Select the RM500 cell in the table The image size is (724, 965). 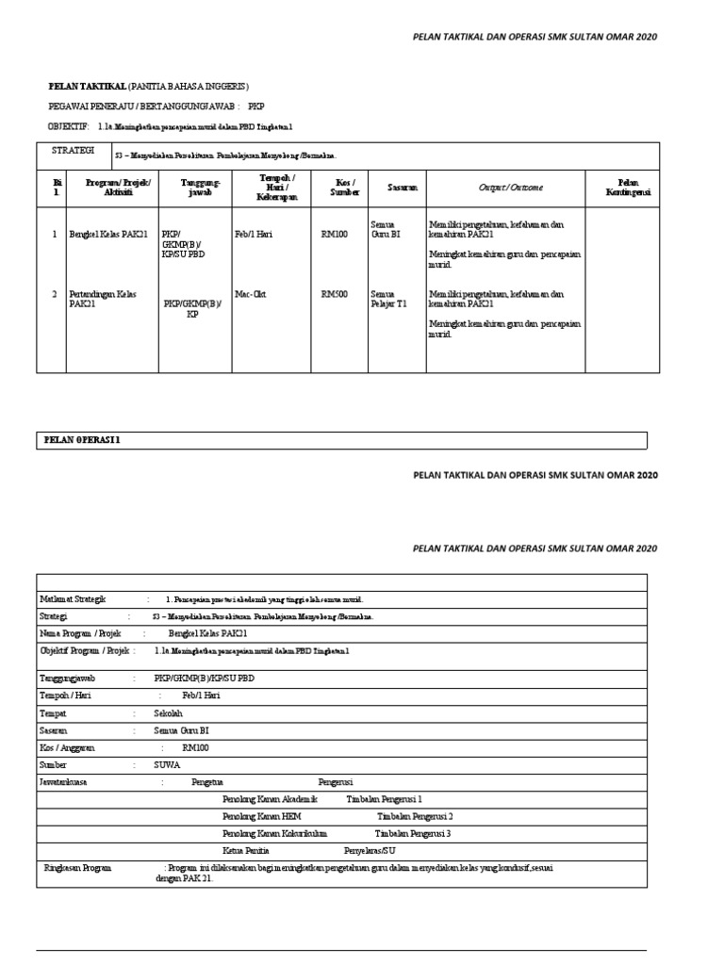pyautogui.click(x=335, y=294)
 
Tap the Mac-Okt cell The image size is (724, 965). pyautogui.click(x=251, y=294)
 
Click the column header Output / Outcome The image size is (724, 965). pyautogui.click(x=510, y=188)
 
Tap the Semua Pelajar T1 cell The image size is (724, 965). pyautogui.click(x=388, y=300)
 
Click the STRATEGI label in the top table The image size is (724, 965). pyautogui.click(x=67, y=150)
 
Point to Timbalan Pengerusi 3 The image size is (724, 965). pyautogui.click(x=413, y=833)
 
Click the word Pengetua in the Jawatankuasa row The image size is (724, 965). pyautogui.click(x=207, y=782)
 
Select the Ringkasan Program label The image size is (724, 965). pyautogui.click(x=78, y=868)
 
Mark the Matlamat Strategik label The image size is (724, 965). pyautogui.click(x=73, y=598)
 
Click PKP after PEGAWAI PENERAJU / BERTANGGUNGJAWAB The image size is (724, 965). pyautogui.click(x=256, y=106)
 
